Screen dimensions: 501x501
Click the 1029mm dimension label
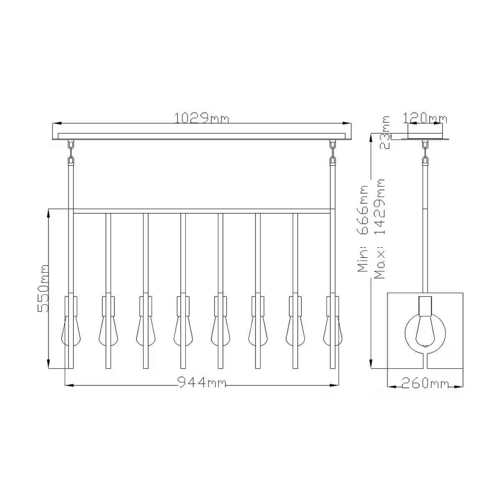(x=202, y=119)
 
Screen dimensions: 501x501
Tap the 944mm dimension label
(x=202, y=382)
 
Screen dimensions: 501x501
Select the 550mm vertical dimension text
(x=43, y=288)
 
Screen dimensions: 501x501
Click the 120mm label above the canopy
(x=425, y=119)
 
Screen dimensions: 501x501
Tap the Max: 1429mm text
(x=380, y=229)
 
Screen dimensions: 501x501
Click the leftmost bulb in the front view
(x=71, y=330)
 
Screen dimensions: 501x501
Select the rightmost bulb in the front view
(x=333, y=330)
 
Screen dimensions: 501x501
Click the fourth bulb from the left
(x=183, y=330)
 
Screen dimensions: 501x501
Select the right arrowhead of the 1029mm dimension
(x=346, y=124)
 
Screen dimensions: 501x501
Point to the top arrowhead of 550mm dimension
(x=49, y=213)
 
